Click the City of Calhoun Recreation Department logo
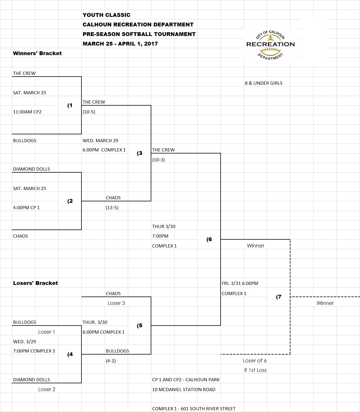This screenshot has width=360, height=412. pyautogui.click(x=270, y=45)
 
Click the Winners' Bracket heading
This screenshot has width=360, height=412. pyautogui.click(x=37, y=53)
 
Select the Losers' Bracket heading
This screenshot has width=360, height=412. pyautogui.click(x=35, y=283)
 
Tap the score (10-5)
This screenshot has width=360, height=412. pyautogui.click(x=89, y=112)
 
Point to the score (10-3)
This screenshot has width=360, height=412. pyautogui.click(x=158, y=160)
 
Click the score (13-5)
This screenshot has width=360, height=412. pyautogui.click(x=112, y=208)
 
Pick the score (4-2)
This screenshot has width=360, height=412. pyautogui.click(x=110, y=361)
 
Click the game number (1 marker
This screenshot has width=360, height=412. pyautogui.click(x=70, y=105)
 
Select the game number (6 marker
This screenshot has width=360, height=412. pyautogui.click(x=209, y=239)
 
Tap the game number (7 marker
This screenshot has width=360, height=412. pyautogui.click(x=279, y=297)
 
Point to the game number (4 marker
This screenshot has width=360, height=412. pyautogui.click(x=70, y=354)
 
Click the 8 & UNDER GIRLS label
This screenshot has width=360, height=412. pyautogui.click(x=263, y=83)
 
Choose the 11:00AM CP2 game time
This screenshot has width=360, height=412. pyautogui.click(x=27, y=112)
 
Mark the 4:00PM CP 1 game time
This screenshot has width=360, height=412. pyautogui.click(x=26, y=208)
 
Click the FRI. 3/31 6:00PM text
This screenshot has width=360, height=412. pyautogui.click(x=240, y=283)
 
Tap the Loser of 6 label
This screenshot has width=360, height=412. pyautogui.click(x=254, y=361)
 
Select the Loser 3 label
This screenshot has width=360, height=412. pyautogui.click(x=116, y=303)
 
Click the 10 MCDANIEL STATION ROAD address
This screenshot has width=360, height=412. pyautogui.click(x=183, y=390)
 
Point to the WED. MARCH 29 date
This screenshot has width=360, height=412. pyautogui.click(x=100, y=141)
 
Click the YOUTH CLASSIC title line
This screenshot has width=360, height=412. pyautogui.click(x=106, y=15)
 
